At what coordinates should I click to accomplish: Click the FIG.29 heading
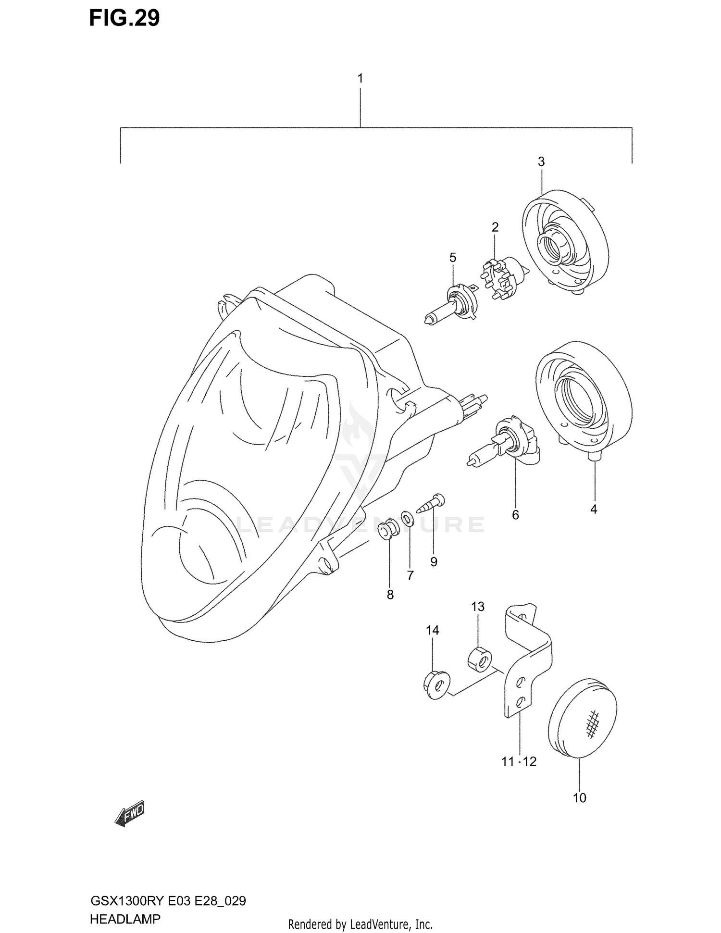pos(124,18)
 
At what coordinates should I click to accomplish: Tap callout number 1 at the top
pos(360,78)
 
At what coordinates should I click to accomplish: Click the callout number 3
pos(541,162)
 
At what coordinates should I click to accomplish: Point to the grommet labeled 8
pos(389,529)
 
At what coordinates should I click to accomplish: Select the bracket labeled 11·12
pos(526,663)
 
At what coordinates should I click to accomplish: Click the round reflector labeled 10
pos(582,718)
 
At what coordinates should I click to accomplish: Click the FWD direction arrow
pos(129,814)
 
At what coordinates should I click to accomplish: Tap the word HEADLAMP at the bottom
pos(125,919)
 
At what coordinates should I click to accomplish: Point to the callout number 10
pos(579,798)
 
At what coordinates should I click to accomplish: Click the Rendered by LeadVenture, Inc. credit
pos(360,924)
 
